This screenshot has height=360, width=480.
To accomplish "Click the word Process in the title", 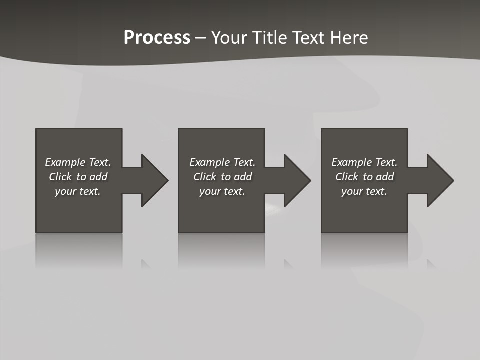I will point(157,38).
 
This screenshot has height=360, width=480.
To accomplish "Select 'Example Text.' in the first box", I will point(78,162).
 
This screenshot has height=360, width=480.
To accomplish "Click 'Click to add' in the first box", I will point(78,177).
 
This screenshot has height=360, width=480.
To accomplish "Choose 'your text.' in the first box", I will point(78,191).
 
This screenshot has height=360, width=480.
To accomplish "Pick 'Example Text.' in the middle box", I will point(222,162).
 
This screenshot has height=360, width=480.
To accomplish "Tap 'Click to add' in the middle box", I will point(222,177).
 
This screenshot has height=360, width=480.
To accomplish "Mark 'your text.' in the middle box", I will point(222,191).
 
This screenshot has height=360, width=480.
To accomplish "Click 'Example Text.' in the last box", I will point(364,162).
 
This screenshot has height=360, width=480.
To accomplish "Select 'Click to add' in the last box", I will point(364,177).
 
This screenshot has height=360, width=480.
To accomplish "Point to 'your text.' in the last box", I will point(364,191).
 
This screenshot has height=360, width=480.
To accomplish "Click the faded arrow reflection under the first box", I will point(145,263).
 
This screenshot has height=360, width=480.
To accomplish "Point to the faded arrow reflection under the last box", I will point(431,263).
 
